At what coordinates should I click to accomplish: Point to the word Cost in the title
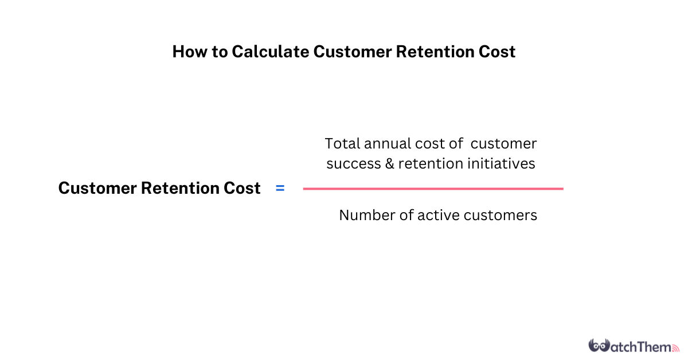pyautogui.click(x=497, y=52)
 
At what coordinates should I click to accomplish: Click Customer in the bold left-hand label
pyautogui.click(x=97, y=188)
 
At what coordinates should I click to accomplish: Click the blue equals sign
pyautogui.click(x=280, y=188)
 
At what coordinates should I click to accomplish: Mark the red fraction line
pyautogui.click(x=433, y=189)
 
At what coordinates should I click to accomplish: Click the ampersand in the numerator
pyautogui.click(x=389, y=164)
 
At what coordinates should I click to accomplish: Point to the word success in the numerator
pyautogui.click(x=354, y=164)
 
